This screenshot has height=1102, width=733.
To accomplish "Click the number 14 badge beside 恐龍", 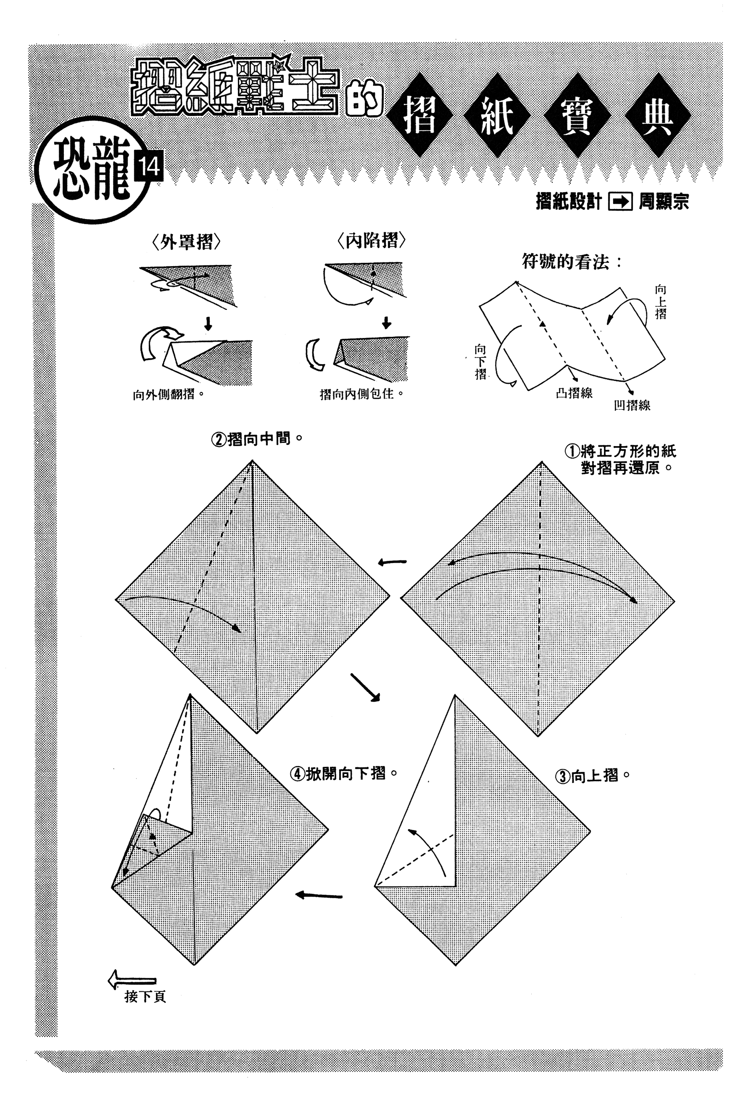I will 148,167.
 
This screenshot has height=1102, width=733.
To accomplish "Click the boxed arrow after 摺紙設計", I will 620,202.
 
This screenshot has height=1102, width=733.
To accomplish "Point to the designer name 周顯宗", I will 663,202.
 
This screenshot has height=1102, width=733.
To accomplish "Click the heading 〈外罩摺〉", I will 186,242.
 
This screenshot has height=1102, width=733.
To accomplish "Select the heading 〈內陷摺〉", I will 371,241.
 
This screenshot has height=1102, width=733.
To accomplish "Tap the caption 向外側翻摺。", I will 169,395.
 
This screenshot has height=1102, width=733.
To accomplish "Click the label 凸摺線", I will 574,393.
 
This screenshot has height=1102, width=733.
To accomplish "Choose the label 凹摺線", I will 632,405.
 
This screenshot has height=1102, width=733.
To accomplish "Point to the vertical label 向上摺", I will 660,302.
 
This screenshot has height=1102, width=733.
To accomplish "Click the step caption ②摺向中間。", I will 257,439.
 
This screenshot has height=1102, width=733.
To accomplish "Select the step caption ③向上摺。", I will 592,776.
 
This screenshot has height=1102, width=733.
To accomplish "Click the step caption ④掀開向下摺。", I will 344,774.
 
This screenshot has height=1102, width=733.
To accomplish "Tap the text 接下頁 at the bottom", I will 145,997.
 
